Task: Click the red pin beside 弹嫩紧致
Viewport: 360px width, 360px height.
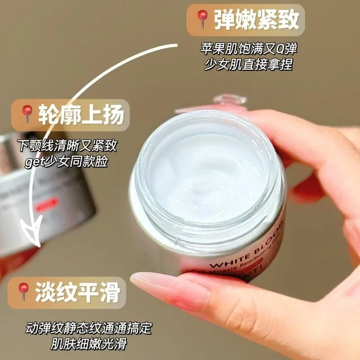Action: (201, 19)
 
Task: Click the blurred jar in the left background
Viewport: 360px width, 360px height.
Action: (45, 193)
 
